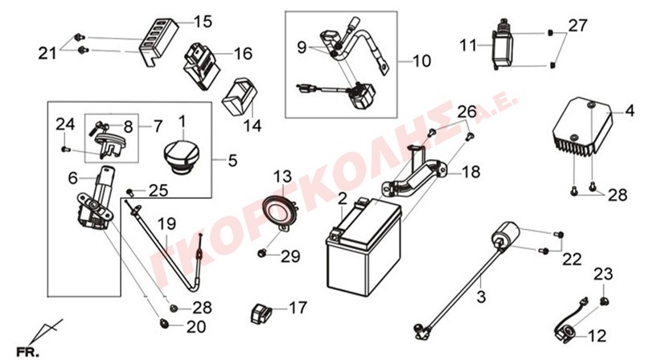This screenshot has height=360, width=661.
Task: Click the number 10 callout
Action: click(x=421, y=62)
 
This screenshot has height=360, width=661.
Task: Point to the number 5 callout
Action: click(x=232, y=161)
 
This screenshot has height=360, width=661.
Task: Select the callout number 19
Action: click(x=167, y=224)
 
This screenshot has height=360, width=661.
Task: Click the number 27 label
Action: click(x=577, y=26)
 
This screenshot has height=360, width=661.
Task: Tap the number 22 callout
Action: click(x=572, y=260)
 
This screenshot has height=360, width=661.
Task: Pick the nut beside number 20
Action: click(x=163, y=324)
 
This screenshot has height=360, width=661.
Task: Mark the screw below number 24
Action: click(x=65, y=149)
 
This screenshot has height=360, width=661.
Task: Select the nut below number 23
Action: click(x=604, y=301)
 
